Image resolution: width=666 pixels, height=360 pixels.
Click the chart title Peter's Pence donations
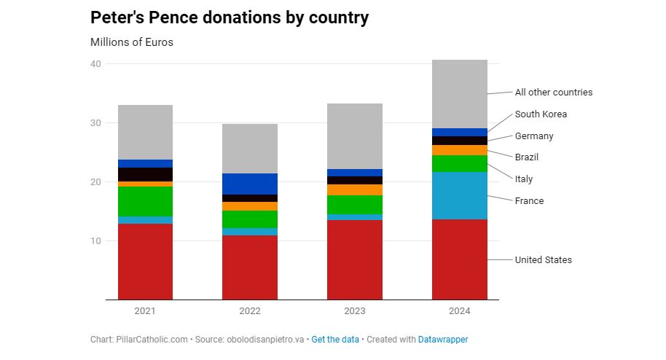click(x=230, y=17)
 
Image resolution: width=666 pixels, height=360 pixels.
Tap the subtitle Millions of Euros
click(x=132, y=42)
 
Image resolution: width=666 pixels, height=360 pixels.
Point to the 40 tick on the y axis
click(x=95, y=64)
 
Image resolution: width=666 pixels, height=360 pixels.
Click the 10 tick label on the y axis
click(x=95, y=241)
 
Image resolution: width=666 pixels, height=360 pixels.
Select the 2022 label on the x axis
click(x=250, y=311)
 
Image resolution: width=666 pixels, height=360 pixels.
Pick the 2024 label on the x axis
click(x=460, y=311)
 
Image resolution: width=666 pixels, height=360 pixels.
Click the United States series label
click(x=543, y=260)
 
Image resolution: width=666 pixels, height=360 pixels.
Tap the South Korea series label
click(x=541, y=114)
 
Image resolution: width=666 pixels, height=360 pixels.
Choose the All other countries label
click(x=553, y=93)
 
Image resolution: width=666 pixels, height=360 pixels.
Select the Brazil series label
click(x=527, y=157)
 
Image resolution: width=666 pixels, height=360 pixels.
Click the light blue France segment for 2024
click(x=460, y=195)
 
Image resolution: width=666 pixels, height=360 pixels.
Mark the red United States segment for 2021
click(x=145, y=262)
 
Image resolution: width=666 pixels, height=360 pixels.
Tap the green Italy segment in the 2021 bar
click(x=145, y=201)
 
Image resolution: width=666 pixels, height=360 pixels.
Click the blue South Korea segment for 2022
click(x=250, y=184)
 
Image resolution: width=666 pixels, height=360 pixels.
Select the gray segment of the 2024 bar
click(x=460, y=94)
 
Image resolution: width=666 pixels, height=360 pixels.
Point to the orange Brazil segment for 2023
click(x=355, y=189)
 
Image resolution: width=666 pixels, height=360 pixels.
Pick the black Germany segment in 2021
click(x=145, y=174)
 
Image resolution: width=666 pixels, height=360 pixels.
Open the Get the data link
click(x=335, y=340)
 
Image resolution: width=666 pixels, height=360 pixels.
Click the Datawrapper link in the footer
click(x=443, y=340)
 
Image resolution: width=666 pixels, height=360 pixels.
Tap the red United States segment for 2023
click(x=355, y=259)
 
